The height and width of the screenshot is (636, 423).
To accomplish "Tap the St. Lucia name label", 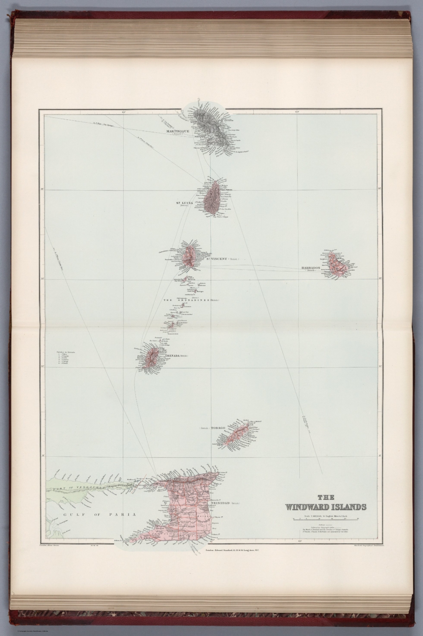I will [x=185, y=202].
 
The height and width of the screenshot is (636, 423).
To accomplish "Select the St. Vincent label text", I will [x=216, y=259].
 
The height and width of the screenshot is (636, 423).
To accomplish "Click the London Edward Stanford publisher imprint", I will [x=232, y=550].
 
